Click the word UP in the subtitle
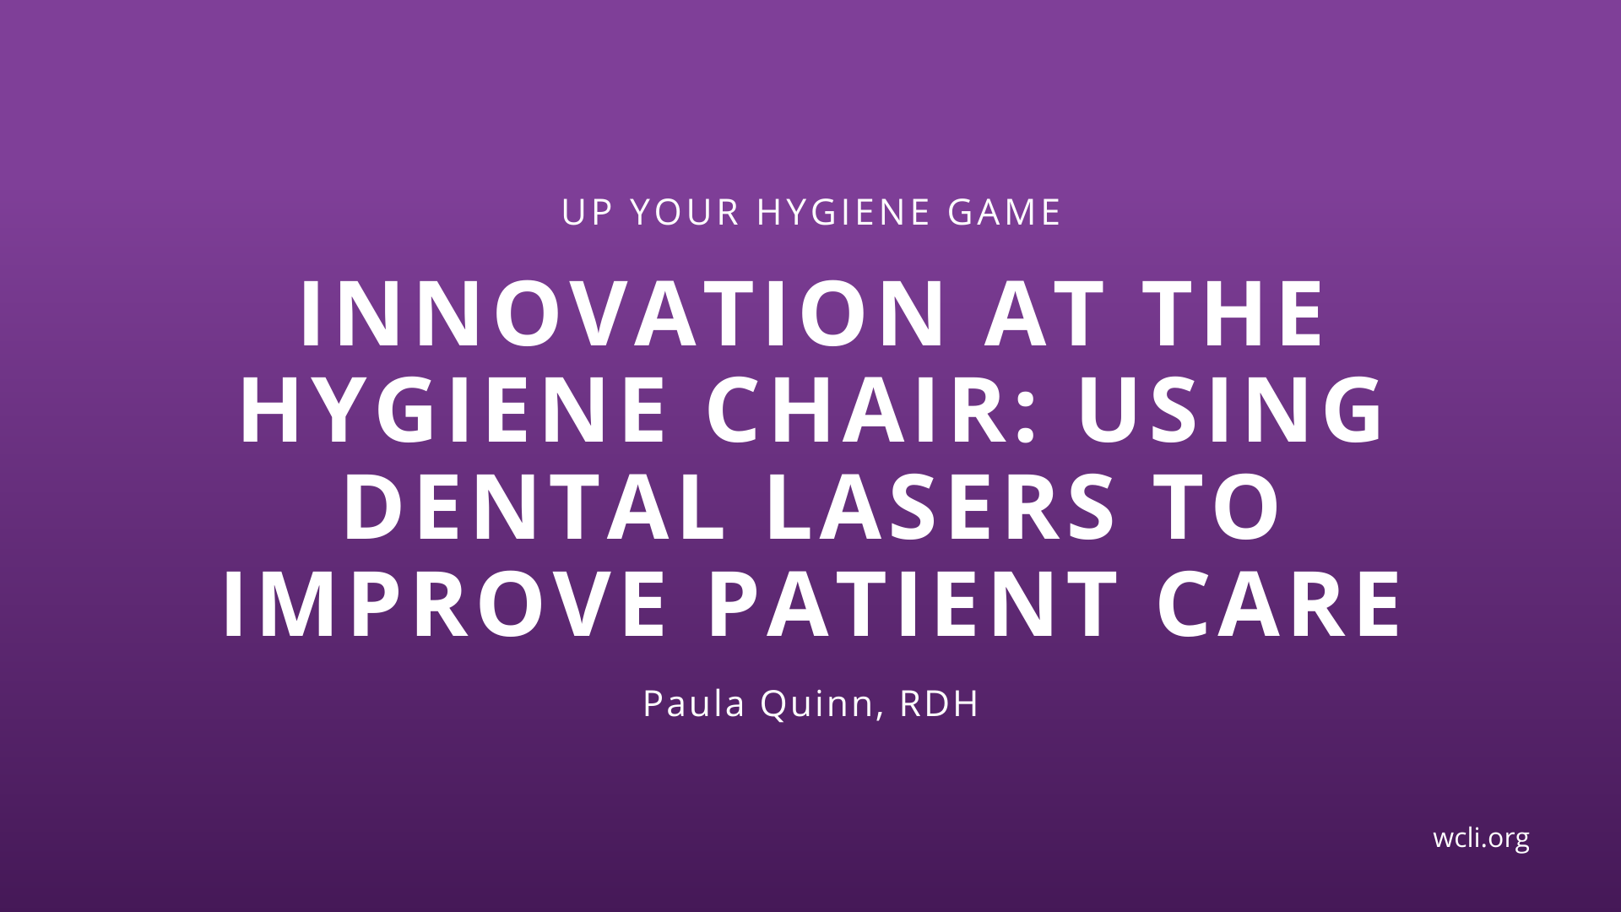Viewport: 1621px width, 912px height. coord(586,212)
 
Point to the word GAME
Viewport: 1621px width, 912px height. coord(1004,212)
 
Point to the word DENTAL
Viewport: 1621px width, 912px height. coord(534,508)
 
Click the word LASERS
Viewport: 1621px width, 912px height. coord(941,508)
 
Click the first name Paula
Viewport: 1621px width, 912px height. coord(694,703)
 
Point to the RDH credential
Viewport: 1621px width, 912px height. coord(939,703)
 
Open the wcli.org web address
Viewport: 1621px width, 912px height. coord(1481,838)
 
